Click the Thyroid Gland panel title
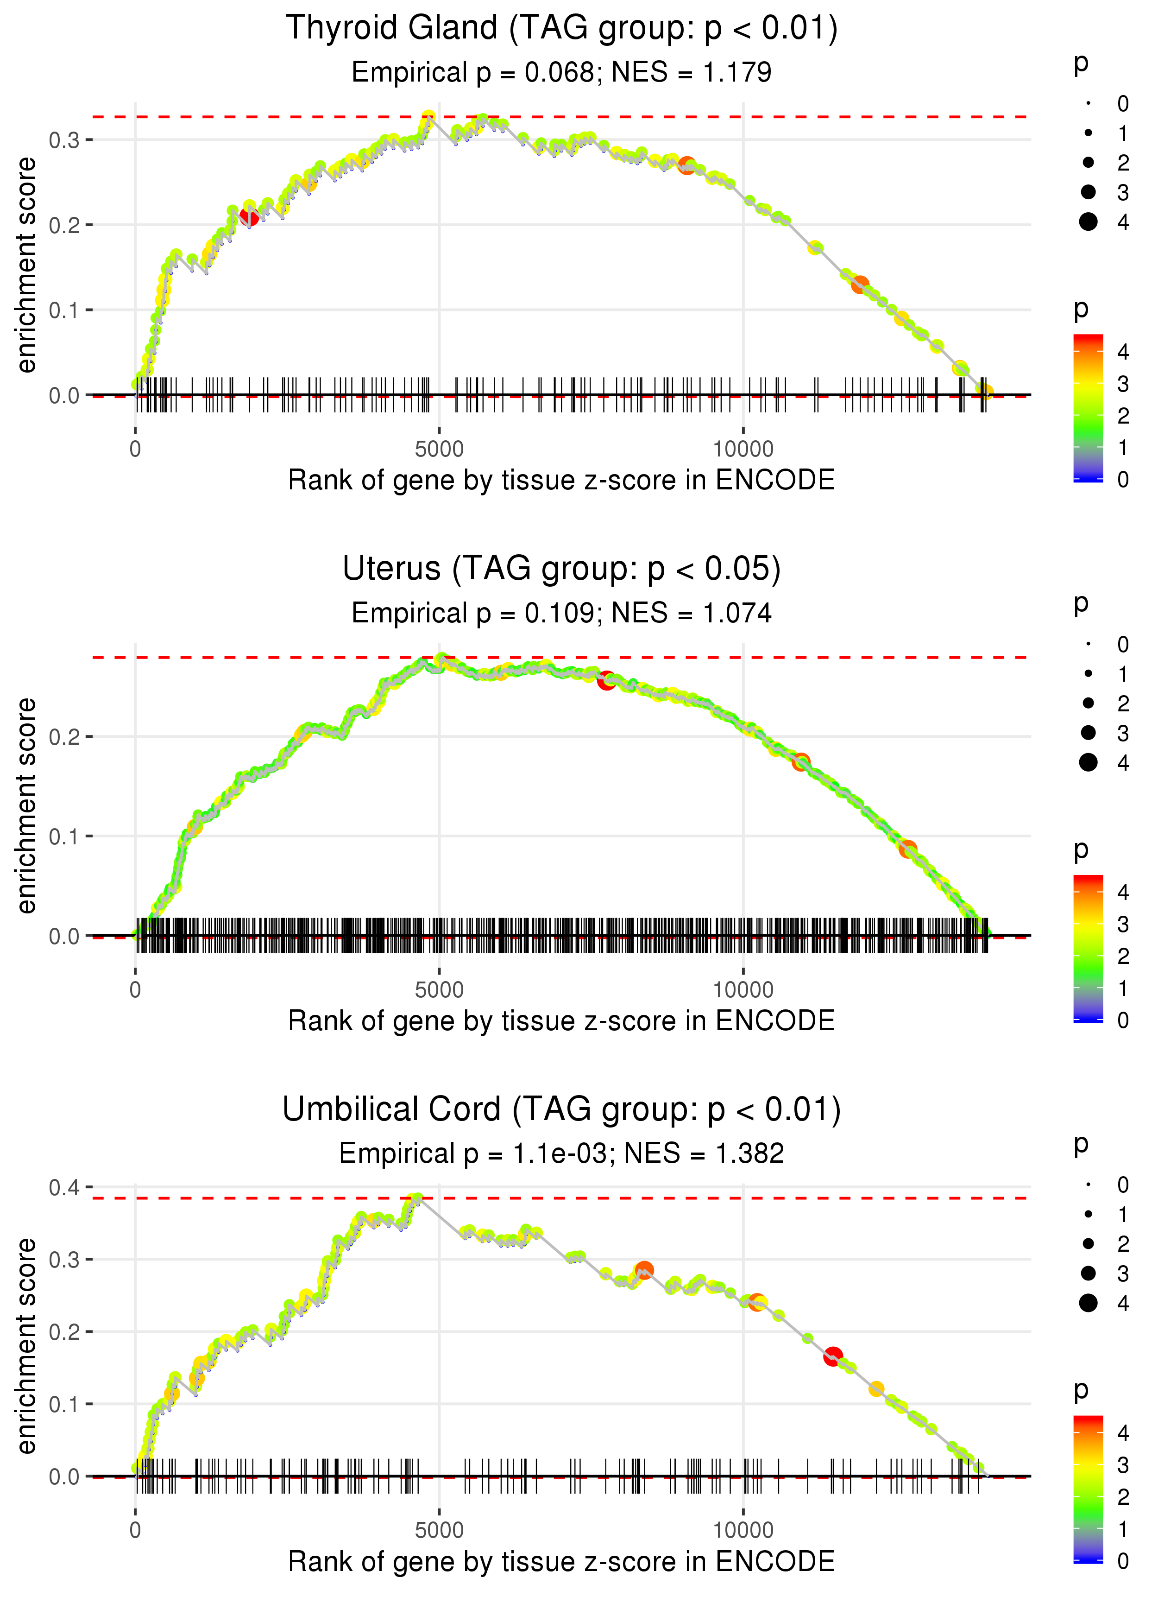click(x=561, y=29)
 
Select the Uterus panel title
click(x=561, y=569)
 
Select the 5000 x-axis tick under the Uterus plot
click(x=439, y=990)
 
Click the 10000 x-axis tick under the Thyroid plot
click(x=743, y=450)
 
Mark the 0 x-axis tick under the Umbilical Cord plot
click(x=135, y=1531)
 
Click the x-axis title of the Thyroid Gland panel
click(x=561, y=481)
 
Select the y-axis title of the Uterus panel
click(x=26, y=806)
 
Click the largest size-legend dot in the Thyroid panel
click(x=1088, y=222)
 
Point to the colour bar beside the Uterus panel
click(x=1088, y=949)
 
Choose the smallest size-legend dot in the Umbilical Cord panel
click(x=1088, y=1185)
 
